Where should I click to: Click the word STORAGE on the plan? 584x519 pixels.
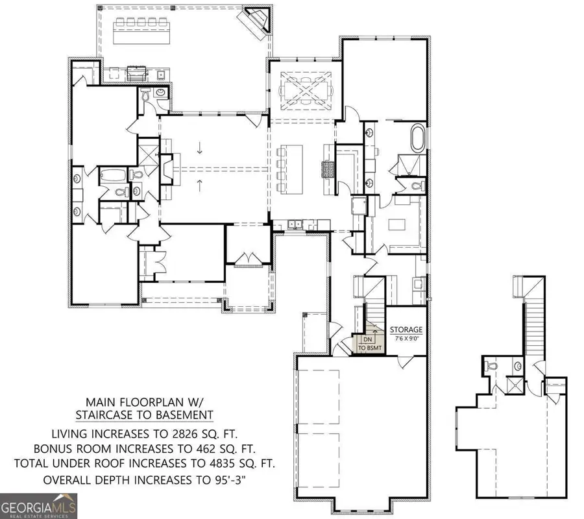coord(406,330)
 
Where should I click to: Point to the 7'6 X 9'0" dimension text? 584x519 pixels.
coord(406,338)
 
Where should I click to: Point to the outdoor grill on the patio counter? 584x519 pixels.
coord(137,72)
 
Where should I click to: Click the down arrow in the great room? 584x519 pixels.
coord(200,147)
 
